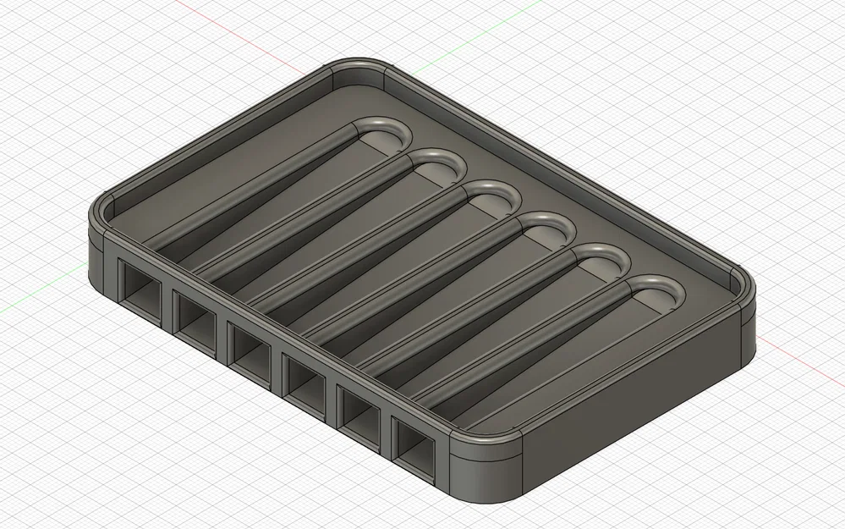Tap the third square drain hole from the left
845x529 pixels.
(x=249, y=342)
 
